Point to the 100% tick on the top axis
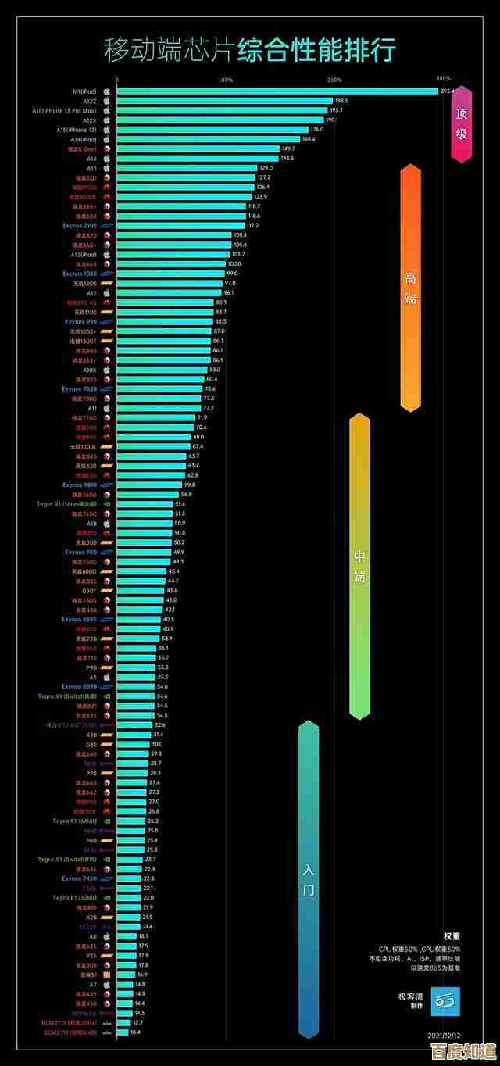pos(226,80)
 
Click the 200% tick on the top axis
pos(334,80)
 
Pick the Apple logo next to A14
pos(107,158)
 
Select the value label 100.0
pos(234,264)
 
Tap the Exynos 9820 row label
pos(80,388)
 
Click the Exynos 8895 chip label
pos(80,619)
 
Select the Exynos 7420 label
pos(80,878)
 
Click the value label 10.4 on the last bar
pos(135,1032)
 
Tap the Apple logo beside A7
pos(107,984)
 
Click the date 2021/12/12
pos(445,1034)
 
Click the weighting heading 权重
pos(452,935)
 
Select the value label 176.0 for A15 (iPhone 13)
pos(316,129)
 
